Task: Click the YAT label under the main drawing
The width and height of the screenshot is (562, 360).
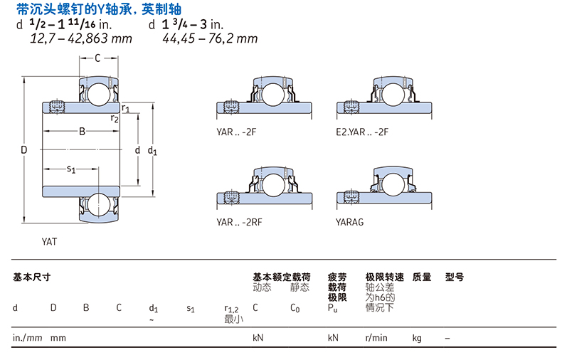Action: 49,242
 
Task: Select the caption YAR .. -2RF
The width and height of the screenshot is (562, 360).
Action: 239,222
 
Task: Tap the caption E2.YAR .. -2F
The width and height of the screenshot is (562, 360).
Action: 362,132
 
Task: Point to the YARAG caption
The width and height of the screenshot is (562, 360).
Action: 349,222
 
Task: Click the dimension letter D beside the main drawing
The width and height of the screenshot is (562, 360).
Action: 23,149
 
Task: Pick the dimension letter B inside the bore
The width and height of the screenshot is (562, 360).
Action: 82,132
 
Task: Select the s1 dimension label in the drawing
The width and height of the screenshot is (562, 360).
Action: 71,169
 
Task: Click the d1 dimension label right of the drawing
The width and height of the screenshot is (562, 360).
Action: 152,150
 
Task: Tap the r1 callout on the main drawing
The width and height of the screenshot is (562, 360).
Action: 125,108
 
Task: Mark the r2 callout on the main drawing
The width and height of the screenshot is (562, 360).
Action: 115,118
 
